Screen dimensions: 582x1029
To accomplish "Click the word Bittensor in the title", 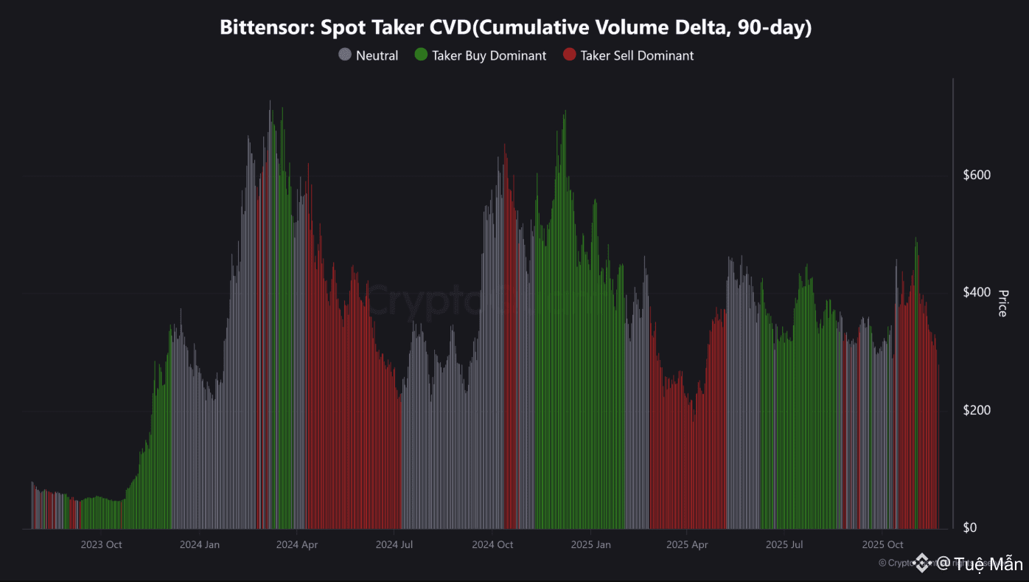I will click(261, 28).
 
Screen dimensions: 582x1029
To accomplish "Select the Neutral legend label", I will click(377, 55).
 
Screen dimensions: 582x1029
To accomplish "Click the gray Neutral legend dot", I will click(345, 55).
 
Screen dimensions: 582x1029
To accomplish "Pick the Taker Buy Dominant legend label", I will click(489, 55).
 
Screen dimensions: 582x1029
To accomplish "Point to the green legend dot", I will click(421, 55).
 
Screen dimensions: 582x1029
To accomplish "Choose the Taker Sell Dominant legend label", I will click(637, 55).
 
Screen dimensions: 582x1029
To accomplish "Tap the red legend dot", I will click(569, 55).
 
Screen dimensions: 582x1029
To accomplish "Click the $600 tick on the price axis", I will click(977, 175).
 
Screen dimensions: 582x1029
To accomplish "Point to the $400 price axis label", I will click(977, 292).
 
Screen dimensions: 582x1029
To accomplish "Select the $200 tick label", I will click(977, 410).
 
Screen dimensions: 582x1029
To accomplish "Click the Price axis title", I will click(1002, 303).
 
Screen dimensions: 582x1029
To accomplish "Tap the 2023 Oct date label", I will click(101, 545).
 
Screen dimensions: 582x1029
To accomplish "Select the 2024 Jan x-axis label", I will click(200, 545).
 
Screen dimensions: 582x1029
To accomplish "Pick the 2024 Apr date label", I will click(297, 545).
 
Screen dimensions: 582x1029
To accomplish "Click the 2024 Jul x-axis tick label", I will click(394, 545).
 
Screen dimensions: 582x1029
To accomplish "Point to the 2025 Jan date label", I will click(590, 545).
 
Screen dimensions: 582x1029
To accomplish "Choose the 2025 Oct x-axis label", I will click(882, 545).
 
